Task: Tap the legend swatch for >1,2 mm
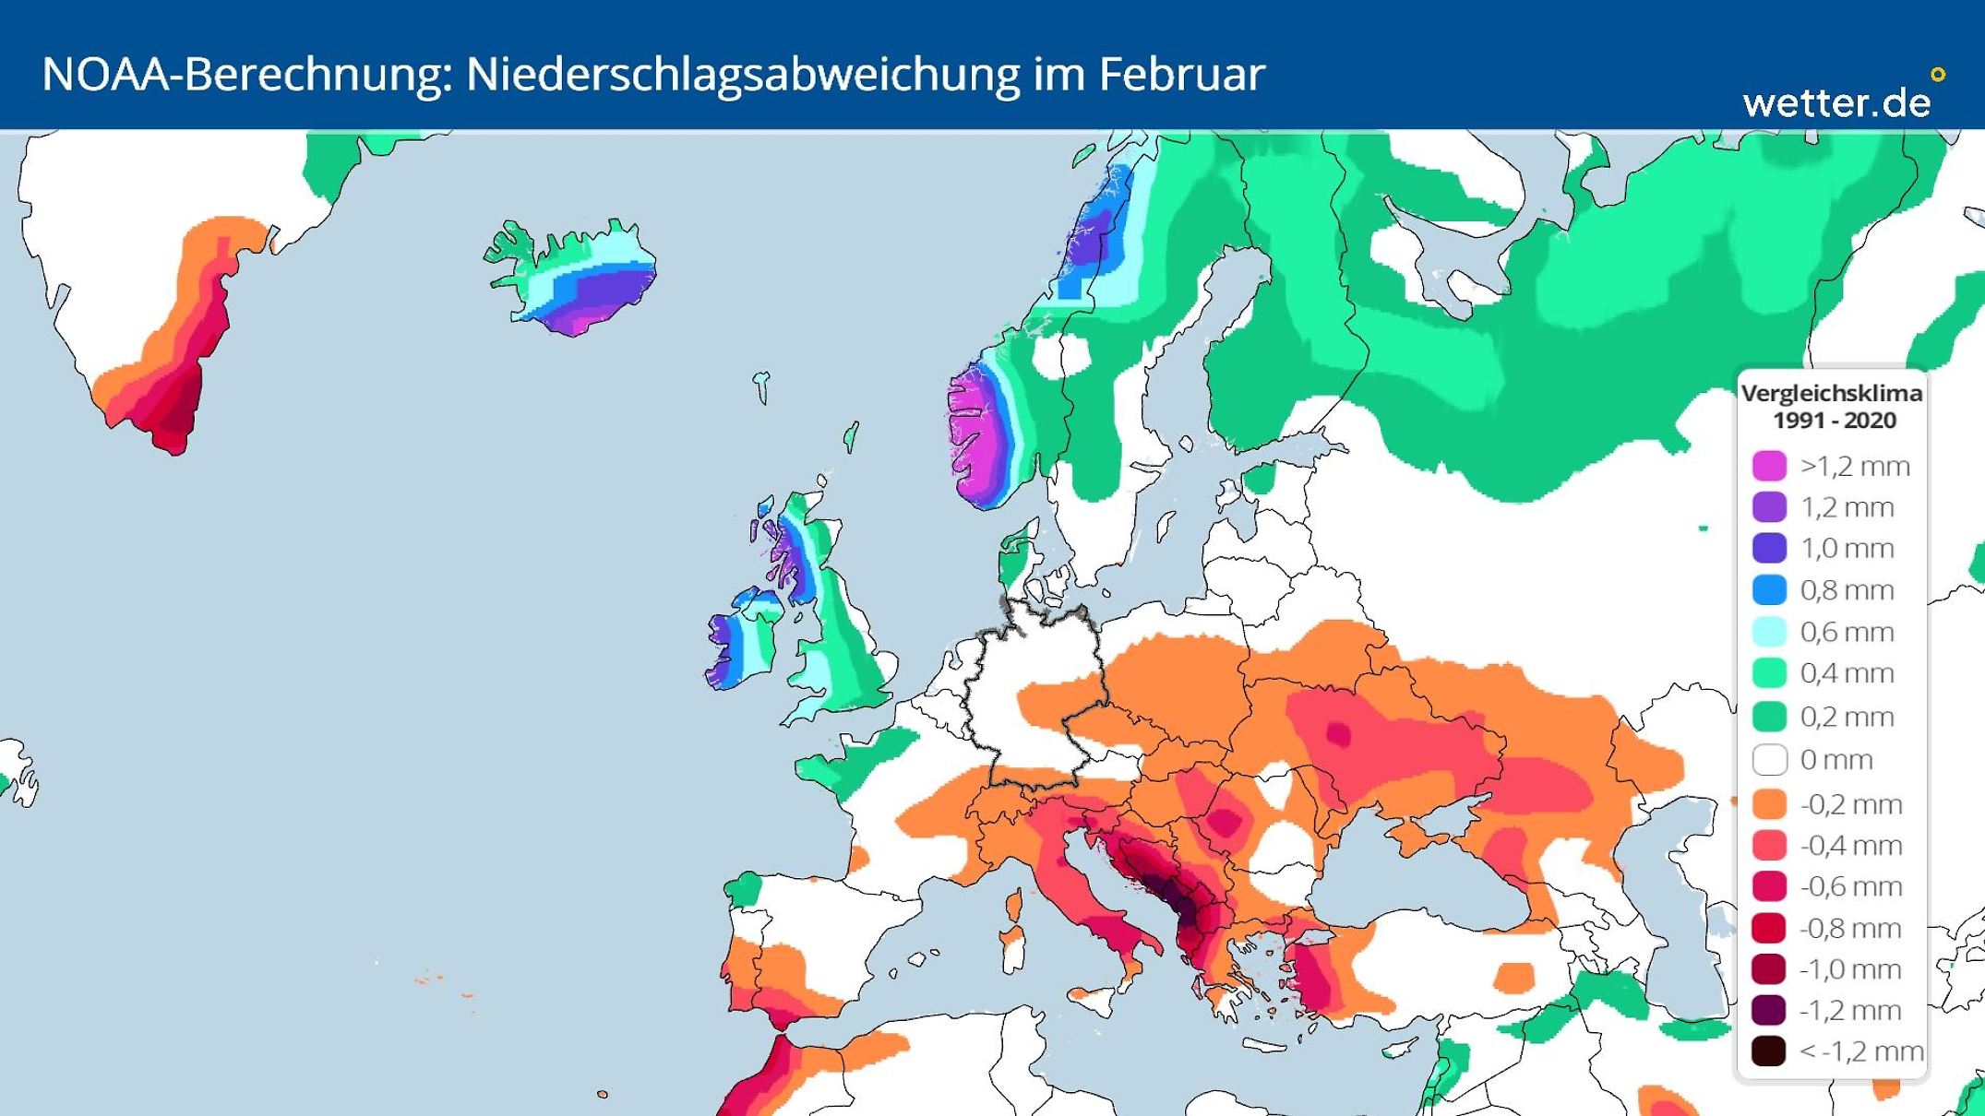1769,466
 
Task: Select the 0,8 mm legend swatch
1769,589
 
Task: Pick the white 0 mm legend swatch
1769,760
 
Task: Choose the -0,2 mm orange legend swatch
1769,803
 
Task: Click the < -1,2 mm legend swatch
1769,1051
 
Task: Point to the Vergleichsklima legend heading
1831,393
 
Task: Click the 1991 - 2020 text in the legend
1834,421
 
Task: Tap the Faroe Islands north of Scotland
761,386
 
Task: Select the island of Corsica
1014,905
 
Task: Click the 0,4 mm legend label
1847,673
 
